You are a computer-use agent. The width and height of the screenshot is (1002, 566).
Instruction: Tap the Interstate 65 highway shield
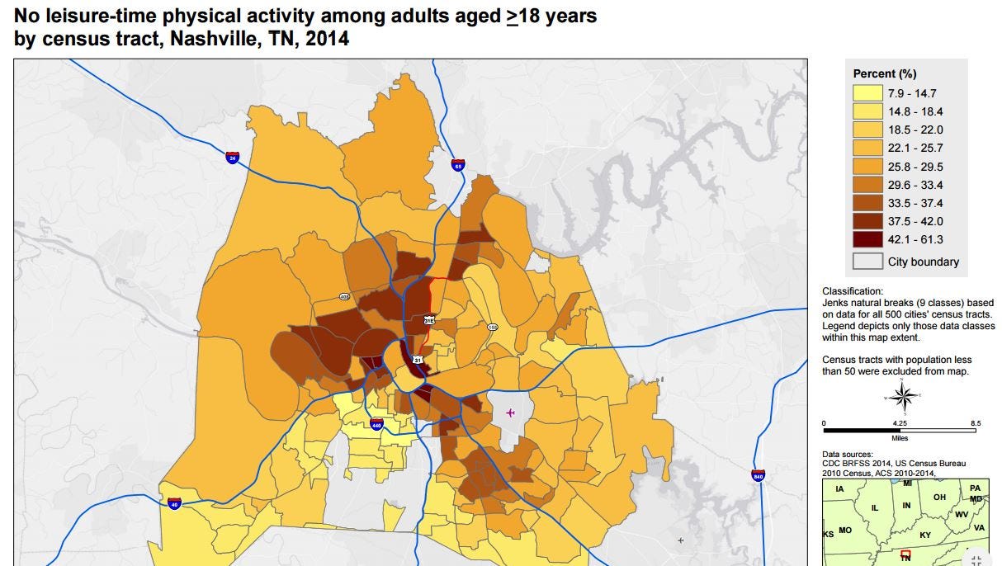click(x=457, y=166)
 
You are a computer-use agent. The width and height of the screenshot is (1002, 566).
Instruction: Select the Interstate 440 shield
click(x=377, y=425)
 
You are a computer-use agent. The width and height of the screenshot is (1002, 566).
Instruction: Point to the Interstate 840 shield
click(x=759, y=475)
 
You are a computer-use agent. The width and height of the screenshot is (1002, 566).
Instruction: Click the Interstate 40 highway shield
click(x=174, y=502)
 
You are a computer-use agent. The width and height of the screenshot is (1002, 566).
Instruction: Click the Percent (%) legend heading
click(x=885, y=73)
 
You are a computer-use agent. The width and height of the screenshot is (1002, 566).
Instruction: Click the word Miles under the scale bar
click(x=900, y=438)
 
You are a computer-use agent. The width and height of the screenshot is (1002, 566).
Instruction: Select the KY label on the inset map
click(x=924, y=535)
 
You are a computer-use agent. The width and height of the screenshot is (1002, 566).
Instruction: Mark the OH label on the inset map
click(x=939, y=498)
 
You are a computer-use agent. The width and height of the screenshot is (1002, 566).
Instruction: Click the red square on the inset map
click(x=905, y=554)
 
